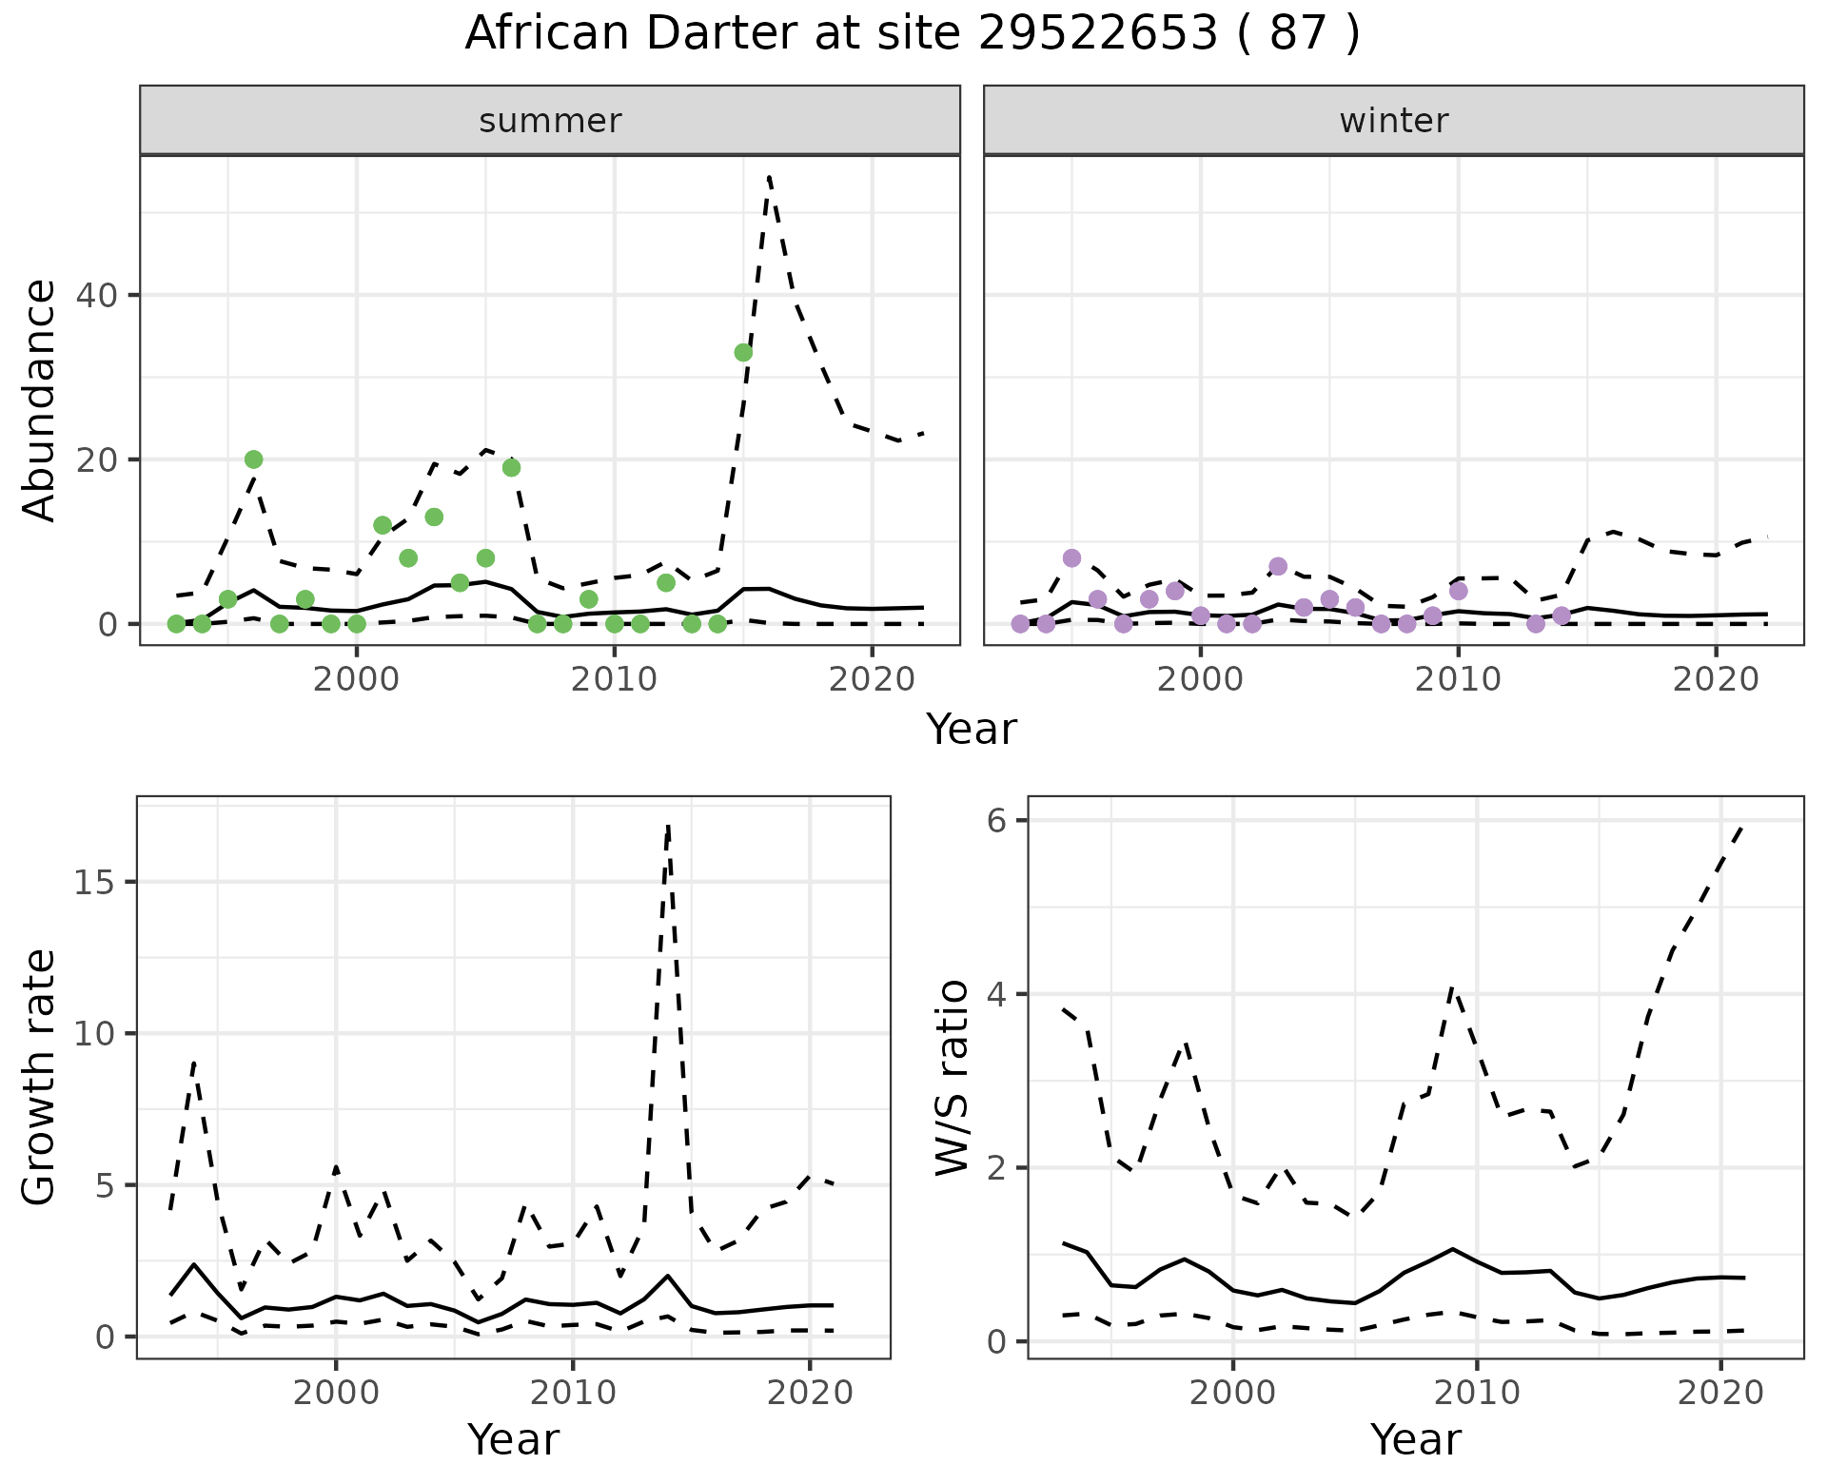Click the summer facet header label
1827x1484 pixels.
pos(550,121)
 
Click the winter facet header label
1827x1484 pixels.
pos(1393,121)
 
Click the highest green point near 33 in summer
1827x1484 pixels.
pos(743,352)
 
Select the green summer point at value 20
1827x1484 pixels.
pos(253,459)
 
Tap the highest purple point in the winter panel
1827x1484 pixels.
pos(1071,557)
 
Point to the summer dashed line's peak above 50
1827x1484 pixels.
pos(769,177)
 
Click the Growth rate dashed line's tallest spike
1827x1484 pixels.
pos(669,826)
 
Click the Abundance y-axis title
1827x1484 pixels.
pos(40,400)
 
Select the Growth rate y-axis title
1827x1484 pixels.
pos(40,1077)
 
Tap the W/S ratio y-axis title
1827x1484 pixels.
pos(952,1077)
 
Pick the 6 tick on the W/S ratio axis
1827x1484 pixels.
pos(997,820)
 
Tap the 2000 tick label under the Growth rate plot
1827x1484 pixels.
pos(335,1393)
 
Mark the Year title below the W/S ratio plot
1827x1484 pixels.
pos(1415,1440)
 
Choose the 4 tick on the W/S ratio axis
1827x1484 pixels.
pos(997,994)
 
